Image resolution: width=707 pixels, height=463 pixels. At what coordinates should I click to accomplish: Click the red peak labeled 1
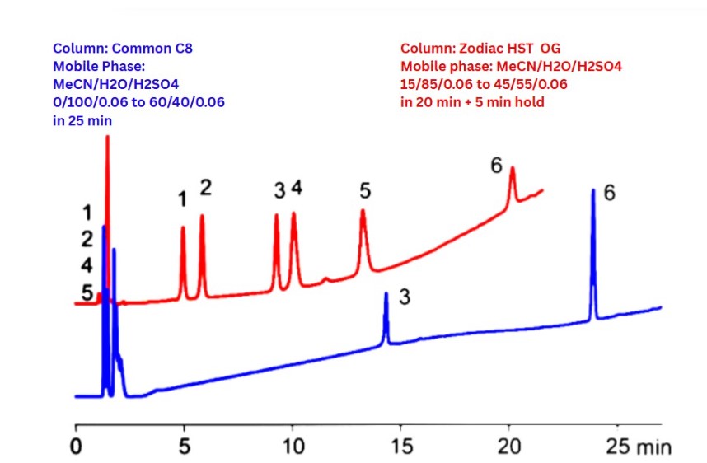[x=183, y=228]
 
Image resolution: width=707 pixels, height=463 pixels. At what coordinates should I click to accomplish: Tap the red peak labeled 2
[x=202, y=217]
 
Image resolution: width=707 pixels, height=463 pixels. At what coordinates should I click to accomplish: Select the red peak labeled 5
[x=363, y=212]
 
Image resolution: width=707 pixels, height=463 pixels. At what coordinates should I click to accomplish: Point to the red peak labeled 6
[x=513, y=169]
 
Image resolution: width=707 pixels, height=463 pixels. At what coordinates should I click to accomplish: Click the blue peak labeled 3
[x=386, y=294]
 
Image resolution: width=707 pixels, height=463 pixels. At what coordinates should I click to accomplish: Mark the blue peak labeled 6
[x=593, y=191]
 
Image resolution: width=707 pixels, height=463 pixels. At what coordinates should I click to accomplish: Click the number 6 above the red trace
[x=496, y=165]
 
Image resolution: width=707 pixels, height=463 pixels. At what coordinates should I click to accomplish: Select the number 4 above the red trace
[x=297, y=189]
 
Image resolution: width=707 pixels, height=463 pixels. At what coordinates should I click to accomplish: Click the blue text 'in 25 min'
[x=83, y=120]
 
